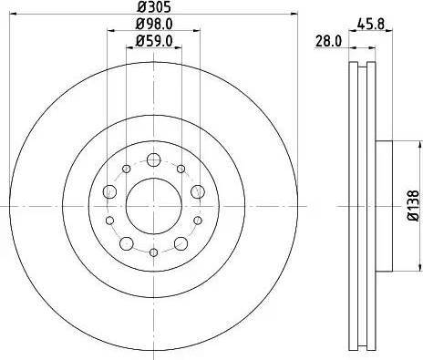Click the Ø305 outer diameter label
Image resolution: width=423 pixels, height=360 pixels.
click(x=153, y=7)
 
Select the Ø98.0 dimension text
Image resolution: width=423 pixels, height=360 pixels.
click(x=153, y=25)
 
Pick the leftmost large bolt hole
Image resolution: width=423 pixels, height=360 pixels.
click(x=108, y=190)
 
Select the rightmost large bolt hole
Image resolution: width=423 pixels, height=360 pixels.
click(x=197, y=190)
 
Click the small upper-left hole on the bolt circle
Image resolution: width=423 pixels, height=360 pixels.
click(x=124, y=169)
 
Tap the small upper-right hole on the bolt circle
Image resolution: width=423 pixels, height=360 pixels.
click(x=181, y=169)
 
